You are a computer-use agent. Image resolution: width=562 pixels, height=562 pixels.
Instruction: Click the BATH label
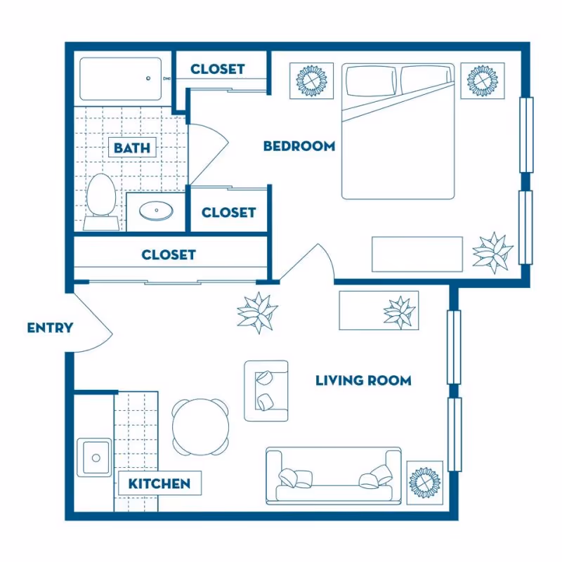tap(131, 148)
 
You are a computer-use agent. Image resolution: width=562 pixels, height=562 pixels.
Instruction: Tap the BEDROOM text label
tap(299, 146)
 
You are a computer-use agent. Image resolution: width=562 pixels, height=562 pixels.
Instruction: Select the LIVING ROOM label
tap(362, 381)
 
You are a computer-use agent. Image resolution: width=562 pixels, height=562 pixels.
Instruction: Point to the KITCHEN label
tap(159, 483)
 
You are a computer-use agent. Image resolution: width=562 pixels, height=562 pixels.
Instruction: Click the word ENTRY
tap(50, 328)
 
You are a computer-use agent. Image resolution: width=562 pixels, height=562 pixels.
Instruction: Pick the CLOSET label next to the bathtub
tap(217, 69)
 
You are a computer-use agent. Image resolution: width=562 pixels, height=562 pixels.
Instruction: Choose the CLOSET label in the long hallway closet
tap(169, 254)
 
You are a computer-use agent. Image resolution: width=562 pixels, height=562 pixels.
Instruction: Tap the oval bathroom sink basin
tap(153, 211)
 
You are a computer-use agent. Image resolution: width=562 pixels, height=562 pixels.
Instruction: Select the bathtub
tap(121, 79)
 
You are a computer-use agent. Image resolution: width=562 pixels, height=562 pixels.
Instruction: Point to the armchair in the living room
tap(266, 391)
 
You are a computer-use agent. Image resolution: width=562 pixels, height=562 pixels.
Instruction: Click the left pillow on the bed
tap(370, 81)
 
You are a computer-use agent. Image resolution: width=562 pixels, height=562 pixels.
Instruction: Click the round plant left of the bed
tap(309, 81)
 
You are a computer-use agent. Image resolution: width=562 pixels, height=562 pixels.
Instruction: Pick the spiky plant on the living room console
tap(399, 311)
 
